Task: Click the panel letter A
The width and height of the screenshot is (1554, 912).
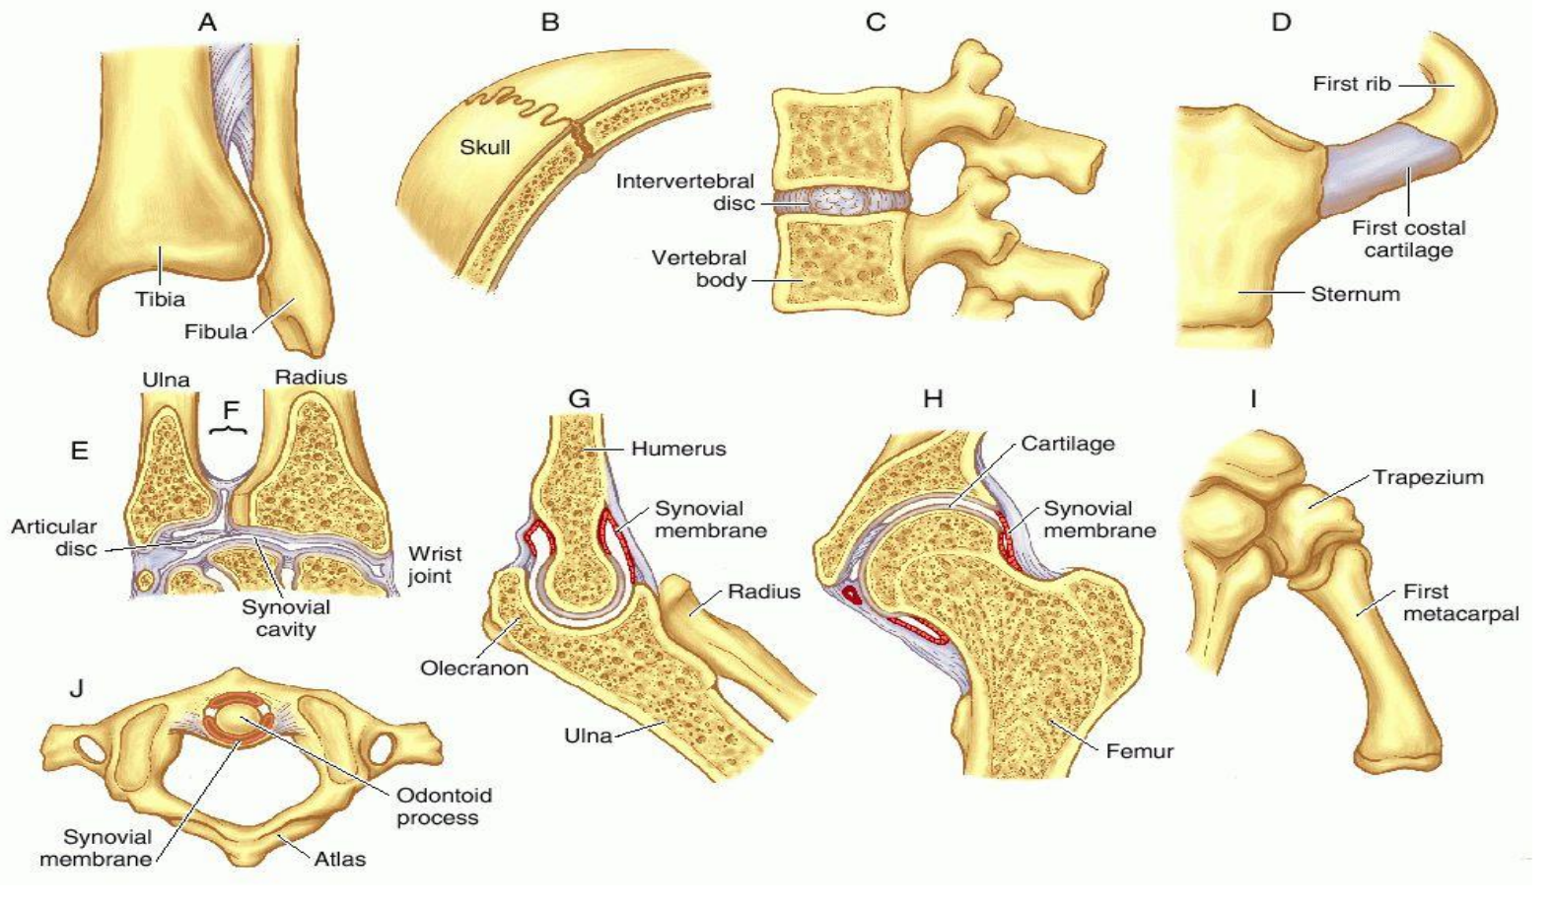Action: [207, 22]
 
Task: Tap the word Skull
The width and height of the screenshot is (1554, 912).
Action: [485, 147]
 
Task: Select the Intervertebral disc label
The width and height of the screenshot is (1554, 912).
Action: [684, 192]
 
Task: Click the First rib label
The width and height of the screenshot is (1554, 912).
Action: [1351, 84]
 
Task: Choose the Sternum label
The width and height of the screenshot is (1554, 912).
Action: [1355, 294]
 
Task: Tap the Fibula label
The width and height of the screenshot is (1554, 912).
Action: [215, 331]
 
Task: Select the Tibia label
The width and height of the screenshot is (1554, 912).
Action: [160, 299]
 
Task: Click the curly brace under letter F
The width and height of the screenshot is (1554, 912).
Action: [232, 431]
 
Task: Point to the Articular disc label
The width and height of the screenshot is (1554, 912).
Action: [54, 537]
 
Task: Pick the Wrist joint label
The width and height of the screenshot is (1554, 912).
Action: [435, 564]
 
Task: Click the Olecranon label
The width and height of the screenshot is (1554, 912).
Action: [474, 667]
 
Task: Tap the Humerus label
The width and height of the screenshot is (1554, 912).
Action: [678, 449]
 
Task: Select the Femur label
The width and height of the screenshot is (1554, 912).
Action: [1140, 751]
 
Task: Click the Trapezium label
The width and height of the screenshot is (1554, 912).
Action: [1428, 477]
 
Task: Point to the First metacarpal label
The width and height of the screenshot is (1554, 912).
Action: [1460, 602]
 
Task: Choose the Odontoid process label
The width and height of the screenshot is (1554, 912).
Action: [444, 806]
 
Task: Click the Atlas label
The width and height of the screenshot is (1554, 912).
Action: [339, 859]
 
